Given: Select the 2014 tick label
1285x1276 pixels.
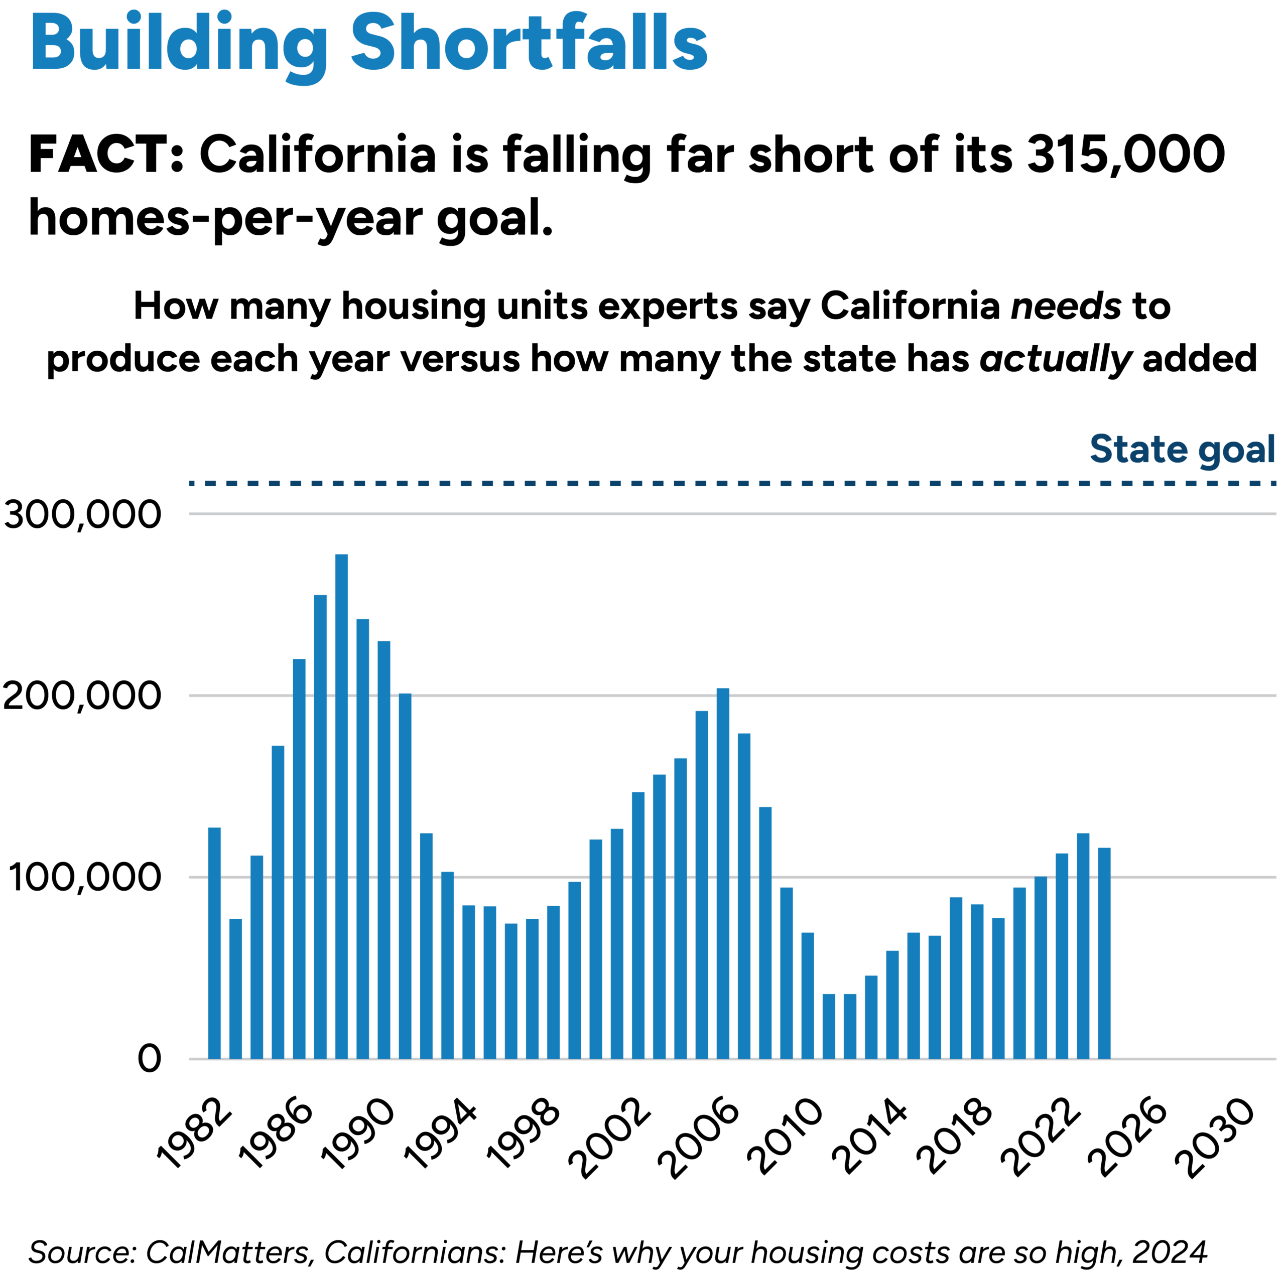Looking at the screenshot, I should pos(870,1147).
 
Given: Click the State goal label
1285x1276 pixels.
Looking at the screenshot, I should pos(1182,450).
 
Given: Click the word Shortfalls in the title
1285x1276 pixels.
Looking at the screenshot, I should pos(529,43).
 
